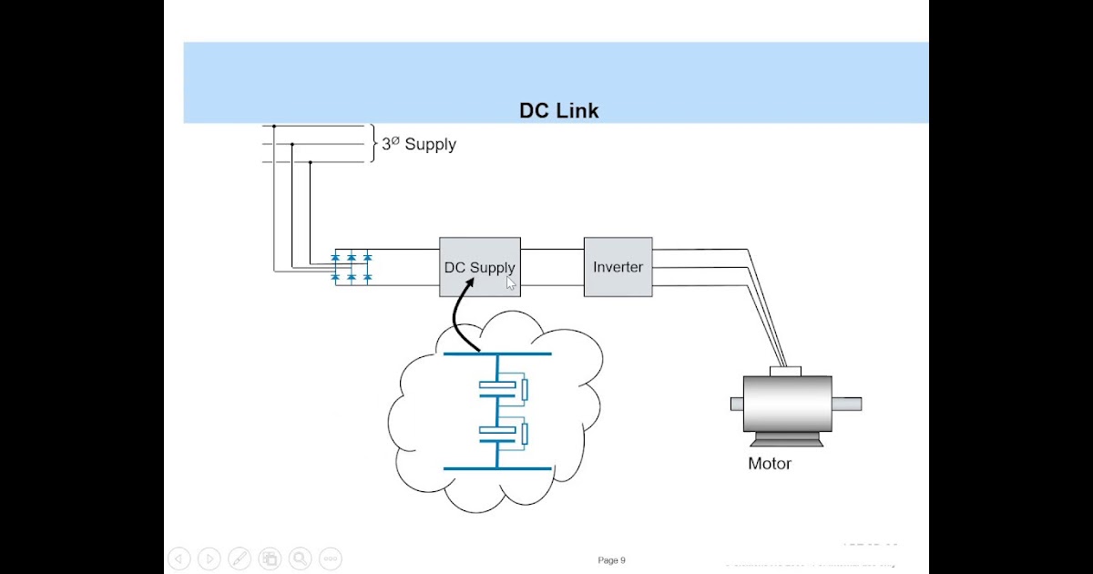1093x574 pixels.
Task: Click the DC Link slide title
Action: [x=558, y=111]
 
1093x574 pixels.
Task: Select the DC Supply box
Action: [x=480, y=267]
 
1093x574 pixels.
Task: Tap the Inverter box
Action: [x=618, y=267]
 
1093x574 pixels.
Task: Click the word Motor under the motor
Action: [x=770, y=464]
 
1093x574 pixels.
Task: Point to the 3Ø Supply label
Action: [x=419, y=144]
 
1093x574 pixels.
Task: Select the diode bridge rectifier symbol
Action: [x=351, y=267]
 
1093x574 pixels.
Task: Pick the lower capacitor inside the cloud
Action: [x=497, y=432]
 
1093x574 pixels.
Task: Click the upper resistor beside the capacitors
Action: [x=525, y=390]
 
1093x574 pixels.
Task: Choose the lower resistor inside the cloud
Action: [x=525, y=433]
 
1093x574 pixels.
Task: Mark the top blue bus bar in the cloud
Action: [x=497, y=354]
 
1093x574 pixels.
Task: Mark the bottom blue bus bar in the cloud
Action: [x=497, y=468]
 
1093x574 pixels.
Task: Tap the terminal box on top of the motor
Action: [x=784, y=370]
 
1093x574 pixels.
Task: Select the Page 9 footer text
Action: [x=611, y=560]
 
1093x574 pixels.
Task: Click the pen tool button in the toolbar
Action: [x=240, y=559]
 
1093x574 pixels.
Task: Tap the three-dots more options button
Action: [x=330, y=559]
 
